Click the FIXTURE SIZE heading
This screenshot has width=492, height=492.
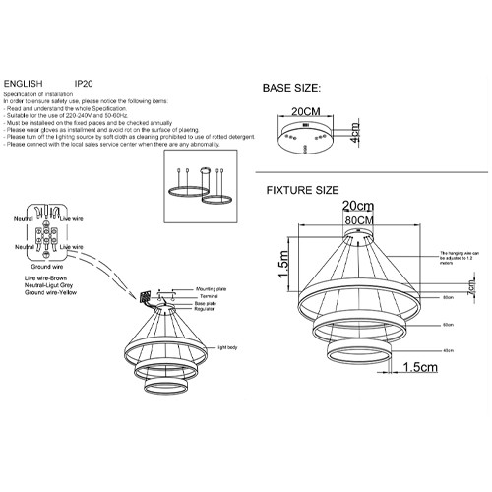coord(303,189)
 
